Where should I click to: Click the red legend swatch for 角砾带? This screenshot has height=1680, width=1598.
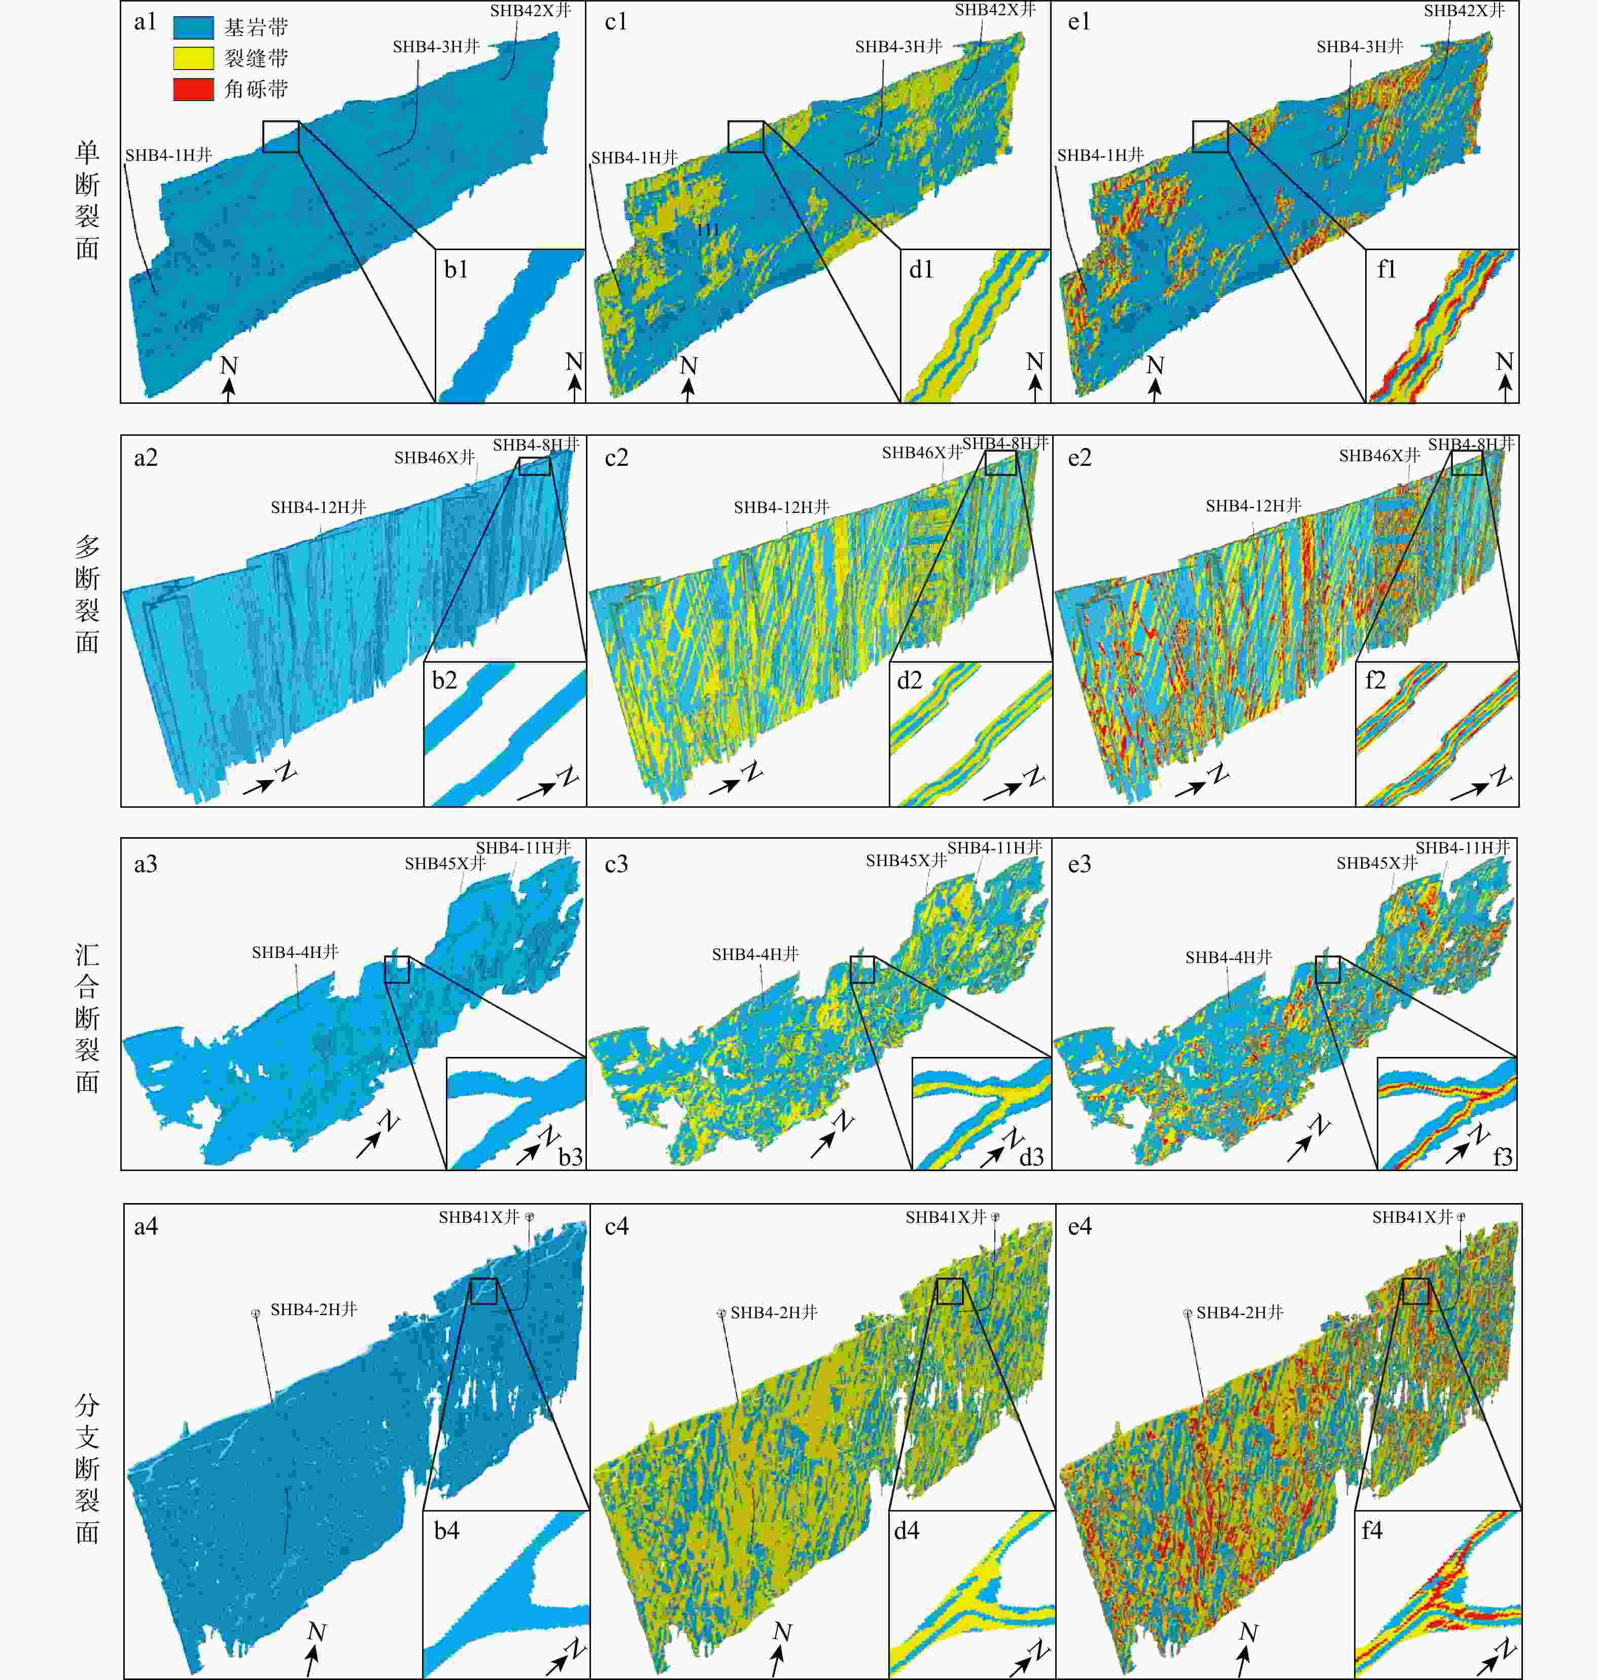(x=193, y=89)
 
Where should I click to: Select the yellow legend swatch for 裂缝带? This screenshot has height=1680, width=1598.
(x=193, y=58)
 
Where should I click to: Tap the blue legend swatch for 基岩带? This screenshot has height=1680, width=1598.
(x=193, y=27)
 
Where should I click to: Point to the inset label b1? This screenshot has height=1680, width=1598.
(x=456, y=269)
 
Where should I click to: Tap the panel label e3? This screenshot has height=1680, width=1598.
(x=1079, y=864)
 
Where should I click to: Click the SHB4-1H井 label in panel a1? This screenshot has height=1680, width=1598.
(x=168, y=155)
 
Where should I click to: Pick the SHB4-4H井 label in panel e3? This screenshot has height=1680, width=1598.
(x=1228, y=957)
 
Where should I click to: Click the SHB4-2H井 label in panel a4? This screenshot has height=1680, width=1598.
(x=314, y=1310)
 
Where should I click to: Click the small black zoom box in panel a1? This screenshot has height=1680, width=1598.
(x=281, y=136)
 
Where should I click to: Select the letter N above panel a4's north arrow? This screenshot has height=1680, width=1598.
(x=317, y=1632)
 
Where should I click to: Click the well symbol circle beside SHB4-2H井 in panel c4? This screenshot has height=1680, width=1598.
(x=721, y=1314)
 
